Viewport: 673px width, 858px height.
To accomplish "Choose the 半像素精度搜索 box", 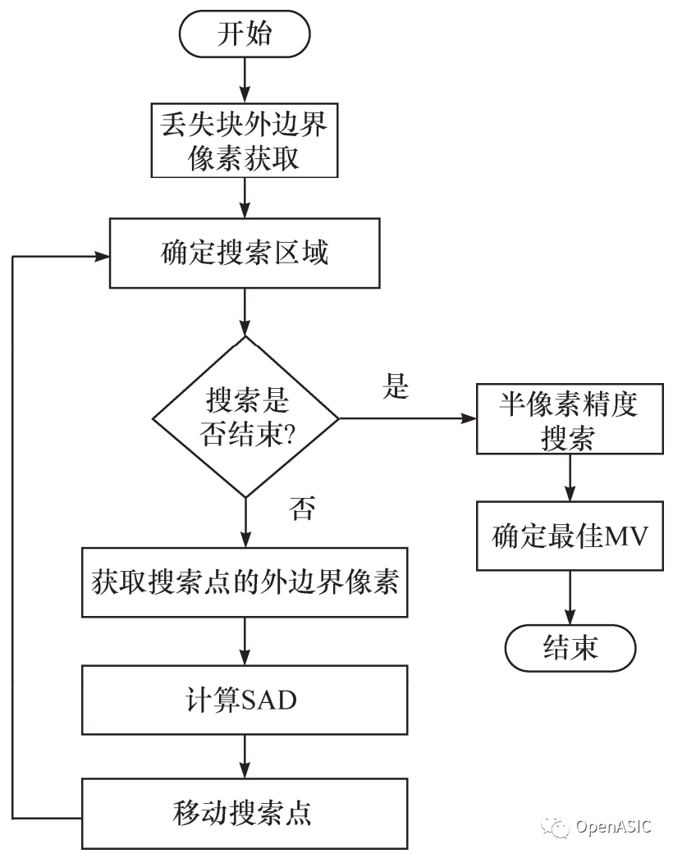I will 570,420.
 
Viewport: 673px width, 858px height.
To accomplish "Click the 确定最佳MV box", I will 570,538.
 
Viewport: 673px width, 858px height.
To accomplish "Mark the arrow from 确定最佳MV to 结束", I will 570,599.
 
